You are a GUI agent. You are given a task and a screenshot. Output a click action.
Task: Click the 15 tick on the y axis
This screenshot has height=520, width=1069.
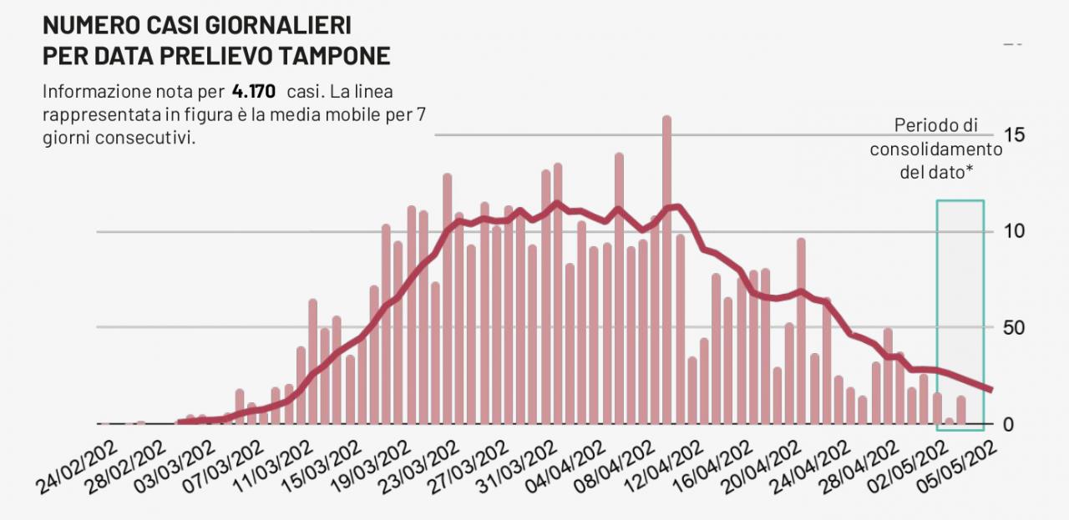pos(1013,135)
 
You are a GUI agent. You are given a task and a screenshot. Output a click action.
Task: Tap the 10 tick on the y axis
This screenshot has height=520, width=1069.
pos(1013,231)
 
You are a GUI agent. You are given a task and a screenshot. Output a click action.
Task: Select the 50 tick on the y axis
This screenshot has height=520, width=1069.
pos(1013,327)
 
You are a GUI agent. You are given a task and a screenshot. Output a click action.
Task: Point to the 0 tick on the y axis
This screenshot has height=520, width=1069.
pos(1007,424)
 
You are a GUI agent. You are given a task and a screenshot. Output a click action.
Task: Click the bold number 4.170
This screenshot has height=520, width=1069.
pos(255,91)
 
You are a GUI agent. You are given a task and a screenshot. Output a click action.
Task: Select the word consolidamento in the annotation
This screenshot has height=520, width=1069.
pos(935,149)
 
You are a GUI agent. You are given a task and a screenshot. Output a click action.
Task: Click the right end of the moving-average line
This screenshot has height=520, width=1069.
pos(990,390)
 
